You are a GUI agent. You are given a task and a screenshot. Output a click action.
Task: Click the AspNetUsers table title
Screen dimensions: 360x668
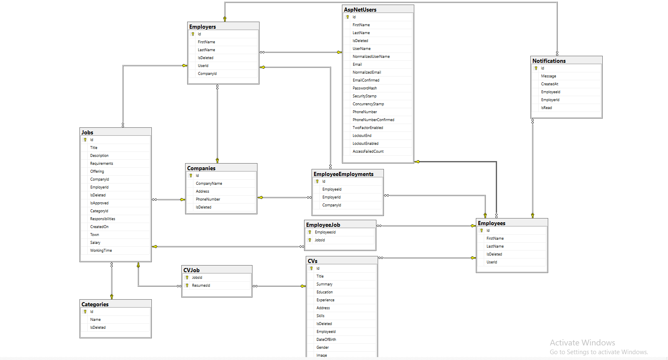click(x=360, y=10)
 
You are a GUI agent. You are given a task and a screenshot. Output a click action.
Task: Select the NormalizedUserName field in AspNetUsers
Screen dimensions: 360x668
click(x=371, y=57)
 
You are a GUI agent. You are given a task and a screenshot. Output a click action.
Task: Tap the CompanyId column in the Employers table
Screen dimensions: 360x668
click(x=207, y=74)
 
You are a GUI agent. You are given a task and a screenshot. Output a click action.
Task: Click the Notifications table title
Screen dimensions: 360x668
click(x=549, y=61)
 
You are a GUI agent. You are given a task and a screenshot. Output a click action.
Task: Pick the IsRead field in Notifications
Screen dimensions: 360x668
click(x=546, y=108)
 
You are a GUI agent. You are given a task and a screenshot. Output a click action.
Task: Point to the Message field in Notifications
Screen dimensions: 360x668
click(x=548, y=76)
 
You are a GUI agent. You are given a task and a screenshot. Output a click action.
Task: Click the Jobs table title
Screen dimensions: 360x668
click(x=87, y=132)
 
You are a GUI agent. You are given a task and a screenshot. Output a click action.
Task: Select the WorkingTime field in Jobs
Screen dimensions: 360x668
click(x=101, y=251)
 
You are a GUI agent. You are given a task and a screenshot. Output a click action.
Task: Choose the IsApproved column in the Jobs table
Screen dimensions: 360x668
click(x=99, y=203)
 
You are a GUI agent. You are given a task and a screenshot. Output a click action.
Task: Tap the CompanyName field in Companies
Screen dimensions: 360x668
click(x=209, y=184)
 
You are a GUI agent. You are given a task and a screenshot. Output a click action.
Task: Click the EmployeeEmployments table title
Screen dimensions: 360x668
click(x=344, y=174)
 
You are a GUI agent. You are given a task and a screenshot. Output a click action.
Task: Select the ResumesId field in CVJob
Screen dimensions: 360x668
click(x=201, y=286)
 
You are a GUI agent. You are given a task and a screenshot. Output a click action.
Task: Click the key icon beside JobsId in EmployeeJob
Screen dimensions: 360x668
click(x=310, y=240)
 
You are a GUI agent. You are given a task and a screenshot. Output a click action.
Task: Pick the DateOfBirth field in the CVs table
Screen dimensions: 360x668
click(x=326, y=340)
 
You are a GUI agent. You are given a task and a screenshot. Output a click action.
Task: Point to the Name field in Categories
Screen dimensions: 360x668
click(x=95, y=320)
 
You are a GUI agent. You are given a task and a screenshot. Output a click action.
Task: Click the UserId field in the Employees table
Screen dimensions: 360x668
click(x=492, y=262)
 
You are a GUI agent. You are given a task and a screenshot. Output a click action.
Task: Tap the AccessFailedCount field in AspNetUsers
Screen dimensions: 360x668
click(x=368, y=151)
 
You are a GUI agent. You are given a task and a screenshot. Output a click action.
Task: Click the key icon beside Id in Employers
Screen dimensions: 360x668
click(x=193, y=34)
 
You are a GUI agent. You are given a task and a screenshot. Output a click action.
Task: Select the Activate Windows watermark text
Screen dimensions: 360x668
click(x=582, y=343)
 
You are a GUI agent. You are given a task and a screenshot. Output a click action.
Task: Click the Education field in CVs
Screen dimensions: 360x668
click(x=324, y=292)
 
